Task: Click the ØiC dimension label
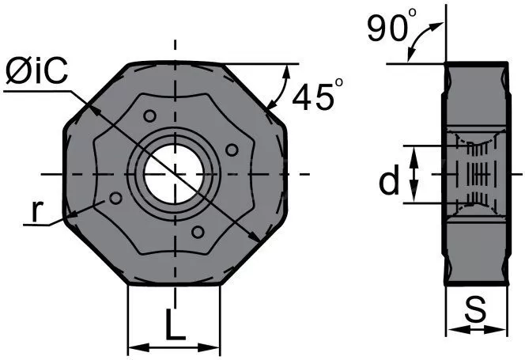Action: tap(37, 70)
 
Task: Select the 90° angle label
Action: tap(392, 25)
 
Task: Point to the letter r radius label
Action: tap(37, 211)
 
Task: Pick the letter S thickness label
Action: tap(475, 309)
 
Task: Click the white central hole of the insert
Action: tap(174, 174)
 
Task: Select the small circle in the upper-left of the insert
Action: tap(149, 116)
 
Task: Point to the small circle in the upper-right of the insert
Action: tap(232, 150)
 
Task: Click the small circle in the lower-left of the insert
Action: tap(116, 198)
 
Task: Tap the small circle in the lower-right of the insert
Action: tap(198, 232)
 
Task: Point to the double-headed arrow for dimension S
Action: tap(477, 329)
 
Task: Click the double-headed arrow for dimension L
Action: tap(174, 347)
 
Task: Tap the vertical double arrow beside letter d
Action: tap(414, 175)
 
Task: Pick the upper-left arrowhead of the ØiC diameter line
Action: tap(95, 112)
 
